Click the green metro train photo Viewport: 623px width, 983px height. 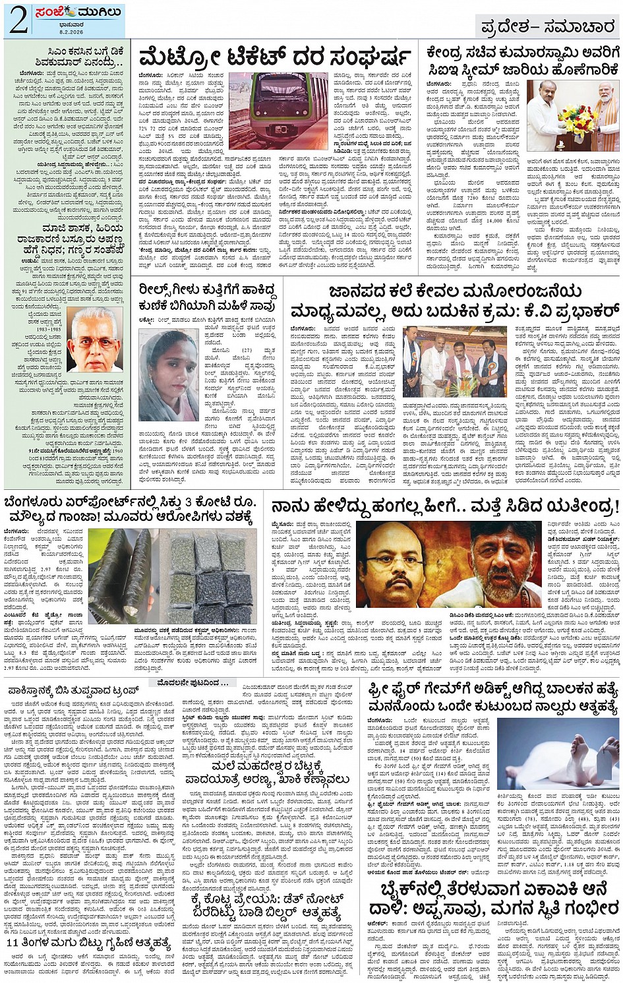click(x=278, y=110)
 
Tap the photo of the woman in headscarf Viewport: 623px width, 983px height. click(x=169, y=374)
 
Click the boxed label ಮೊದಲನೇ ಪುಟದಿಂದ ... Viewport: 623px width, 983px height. click(x=189, y=682)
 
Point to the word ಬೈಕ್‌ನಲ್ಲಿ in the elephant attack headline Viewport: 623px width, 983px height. click(x=412, y=889)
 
